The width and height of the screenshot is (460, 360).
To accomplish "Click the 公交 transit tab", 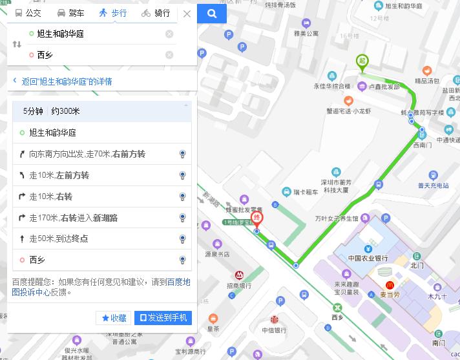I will click(x=28, y=13).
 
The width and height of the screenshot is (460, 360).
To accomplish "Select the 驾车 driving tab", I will click(x=70, y=13).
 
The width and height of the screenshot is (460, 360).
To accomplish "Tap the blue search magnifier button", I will click(x=211, y=13).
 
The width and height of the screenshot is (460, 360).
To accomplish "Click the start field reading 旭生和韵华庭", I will click(x=97, y=34).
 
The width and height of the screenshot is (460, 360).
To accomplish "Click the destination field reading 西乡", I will click(x=97, y=55).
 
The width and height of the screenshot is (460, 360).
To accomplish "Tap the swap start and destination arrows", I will click(x=17, y=45).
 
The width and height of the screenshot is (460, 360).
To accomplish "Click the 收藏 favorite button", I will click(x=114, y=318).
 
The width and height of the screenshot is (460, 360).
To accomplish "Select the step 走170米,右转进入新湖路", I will click(x=74, y=218).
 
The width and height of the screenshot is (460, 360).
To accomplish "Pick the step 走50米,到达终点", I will click(x=59, y=239).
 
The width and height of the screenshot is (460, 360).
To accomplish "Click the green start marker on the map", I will click(x=362, y=62).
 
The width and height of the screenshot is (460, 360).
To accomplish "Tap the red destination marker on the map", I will click(x=257, y=218).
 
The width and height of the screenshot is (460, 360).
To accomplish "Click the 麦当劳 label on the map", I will click(x=406, y=294).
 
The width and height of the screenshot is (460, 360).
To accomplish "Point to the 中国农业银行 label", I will click(x=368, y=259).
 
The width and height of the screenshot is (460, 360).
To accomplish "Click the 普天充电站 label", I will click(x=433, y=186).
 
